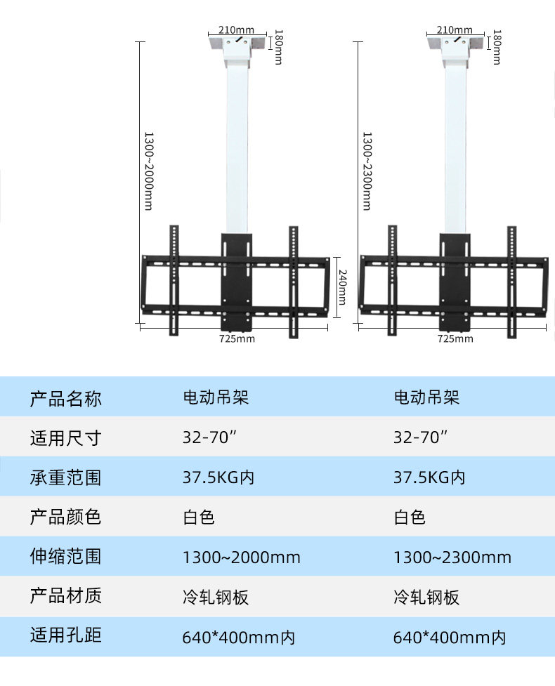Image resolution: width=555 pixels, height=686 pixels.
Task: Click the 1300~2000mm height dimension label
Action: click(148, 171)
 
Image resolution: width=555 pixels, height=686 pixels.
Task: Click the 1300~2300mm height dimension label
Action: click(366, 171)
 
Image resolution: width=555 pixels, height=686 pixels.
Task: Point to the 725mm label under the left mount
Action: click(237, 338)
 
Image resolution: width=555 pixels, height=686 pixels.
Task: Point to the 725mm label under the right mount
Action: click(455, 338)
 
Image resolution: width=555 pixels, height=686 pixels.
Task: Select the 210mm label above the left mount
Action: click(237, 30)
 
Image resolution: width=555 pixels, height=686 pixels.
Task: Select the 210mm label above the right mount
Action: click(455, 30)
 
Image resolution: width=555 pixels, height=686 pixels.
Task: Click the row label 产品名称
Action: click(65, 399)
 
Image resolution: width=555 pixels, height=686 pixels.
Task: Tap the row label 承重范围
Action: click(65, 477)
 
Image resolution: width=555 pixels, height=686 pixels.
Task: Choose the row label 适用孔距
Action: click(65, 636)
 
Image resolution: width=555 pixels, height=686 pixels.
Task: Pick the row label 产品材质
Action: click(65, 596)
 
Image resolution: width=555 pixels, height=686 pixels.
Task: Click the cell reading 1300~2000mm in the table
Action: click(241, 558)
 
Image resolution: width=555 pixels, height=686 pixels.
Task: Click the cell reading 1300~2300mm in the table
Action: click(452, 558)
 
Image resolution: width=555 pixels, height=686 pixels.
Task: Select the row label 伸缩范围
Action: click(65, 557)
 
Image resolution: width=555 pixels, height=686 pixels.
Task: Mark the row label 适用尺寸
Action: click(65, 439)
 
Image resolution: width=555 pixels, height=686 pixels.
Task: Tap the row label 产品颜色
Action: click(65, 517)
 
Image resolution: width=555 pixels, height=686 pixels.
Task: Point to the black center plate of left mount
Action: click(237, 281)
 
